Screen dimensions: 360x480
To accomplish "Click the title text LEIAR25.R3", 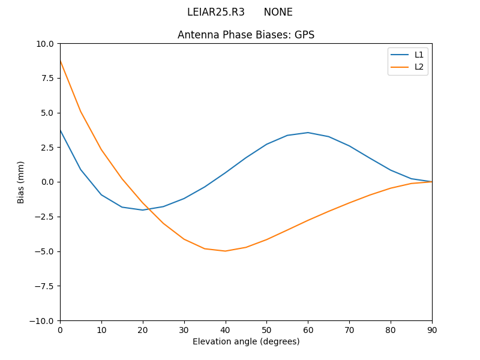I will click(x=215, y=12).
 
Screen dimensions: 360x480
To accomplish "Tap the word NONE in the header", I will click(x=278, y=12).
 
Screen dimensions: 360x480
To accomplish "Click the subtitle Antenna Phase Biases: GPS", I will click(x=246, y=35).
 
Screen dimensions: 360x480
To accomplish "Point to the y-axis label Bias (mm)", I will click(x=21, y=182).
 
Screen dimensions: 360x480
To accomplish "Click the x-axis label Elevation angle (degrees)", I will click(x=246, y=341).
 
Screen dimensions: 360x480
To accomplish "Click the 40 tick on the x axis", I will click(x=226, y=329).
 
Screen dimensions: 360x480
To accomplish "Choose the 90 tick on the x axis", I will click(x=432, y=329).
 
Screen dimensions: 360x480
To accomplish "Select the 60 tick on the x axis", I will click(x=308, y=329).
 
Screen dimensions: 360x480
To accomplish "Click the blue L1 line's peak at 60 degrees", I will click(x=308, y=133).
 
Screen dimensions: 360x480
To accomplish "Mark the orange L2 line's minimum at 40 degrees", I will click(x=226, y=251).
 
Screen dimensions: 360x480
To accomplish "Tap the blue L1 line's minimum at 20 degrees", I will click(x=143, y=210).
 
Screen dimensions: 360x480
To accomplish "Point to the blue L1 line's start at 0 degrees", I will click(x=61, y=130).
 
